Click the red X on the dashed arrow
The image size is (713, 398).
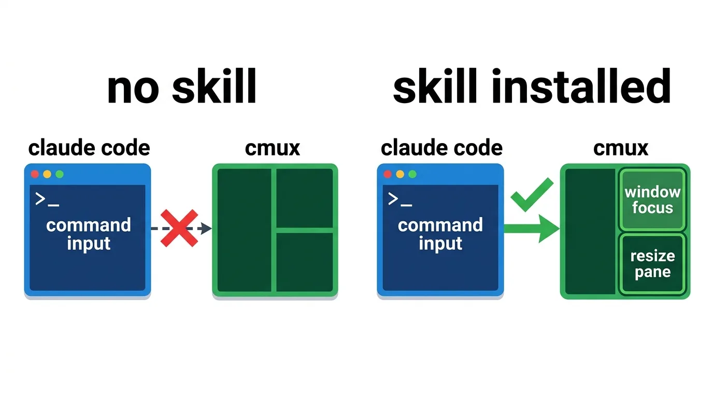(179, 228)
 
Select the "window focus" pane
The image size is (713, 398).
(652, 200)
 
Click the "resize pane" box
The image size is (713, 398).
(652, 264)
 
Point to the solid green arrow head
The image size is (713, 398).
(548, 229)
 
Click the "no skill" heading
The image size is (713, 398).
(182, 87)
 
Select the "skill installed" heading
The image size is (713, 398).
(532, 86)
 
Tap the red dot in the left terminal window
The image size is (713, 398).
(35, 174)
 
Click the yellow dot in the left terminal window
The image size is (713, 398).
(47, 174)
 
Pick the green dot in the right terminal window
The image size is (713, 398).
(412, 174)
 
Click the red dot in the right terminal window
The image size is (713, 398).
(388, 174)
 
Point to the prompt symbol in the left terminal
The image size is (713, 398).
(47, 200)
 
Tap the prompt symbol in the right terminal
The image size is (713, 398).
(400, 200)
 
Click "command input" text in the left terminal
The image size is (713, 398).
(89, 234)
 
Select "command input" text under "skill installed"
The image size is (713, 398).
(440, 234)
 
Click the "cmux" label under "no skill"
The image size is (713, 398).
(273, 148)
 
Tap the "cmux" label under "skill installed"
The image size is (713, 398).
(621, 148)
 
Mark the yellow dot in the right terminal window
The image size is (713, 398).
(400, 174)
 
